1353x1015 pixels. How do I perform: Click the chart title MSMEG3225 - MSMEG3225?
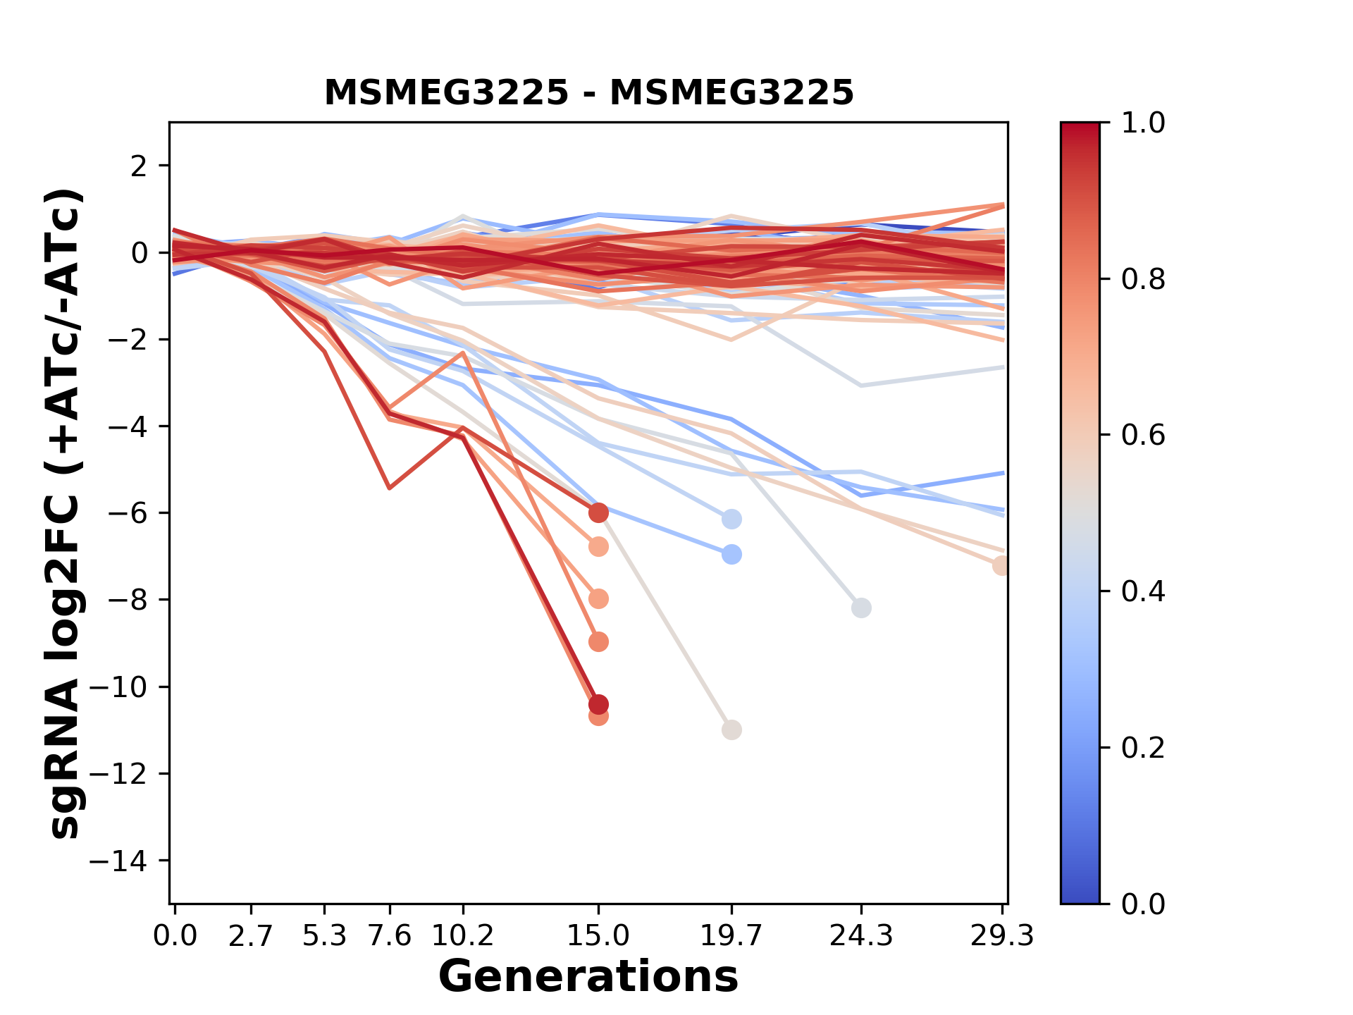[x=588, y=93]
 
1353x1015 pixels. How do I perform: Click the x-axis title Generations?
[x=588, y=977]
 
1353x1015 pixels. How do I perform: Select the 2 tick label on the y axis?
[x=139, y=166]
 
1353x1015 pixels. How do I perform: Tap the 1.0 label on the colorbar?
[x=1143, y=123]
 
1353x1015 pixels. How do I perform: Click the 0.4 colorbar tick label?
[x=1143, y=591]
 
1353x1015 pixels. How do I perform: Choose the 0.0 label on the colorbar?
[x=1143, y=904]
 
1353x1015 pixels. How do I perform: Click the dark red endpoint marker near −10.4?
[x=598, y=704]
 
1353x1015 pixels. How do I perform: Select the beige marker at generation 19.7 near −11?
[x=731, y=730]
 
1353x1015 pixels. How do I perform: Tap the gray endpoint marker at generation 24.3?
[x=861, y=608]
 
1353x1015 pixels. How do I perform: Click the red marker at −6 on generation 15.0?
[x=598, y=512]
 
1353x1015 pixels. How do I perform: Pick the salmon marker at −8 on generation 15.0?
[x=598, y=599]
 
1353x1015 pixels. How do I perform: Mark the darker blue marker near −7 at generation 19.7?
[x=731, y=554]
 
